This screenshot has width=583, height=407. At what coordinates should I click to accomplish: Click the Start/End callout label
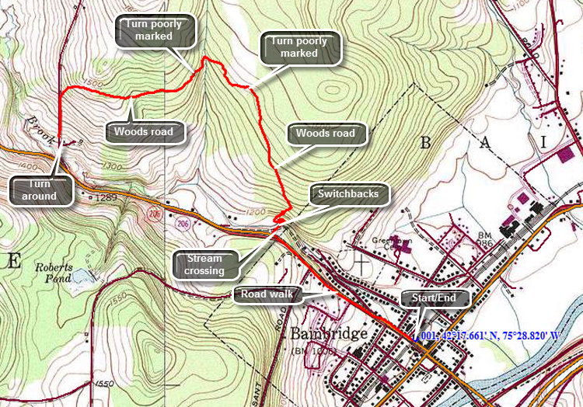point(435,299)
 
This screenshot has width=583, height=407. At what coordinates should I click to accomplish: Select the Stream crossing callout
point(204,264)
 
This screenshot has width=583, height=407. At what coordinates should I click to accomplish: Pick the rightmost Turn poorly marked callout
point(300,47)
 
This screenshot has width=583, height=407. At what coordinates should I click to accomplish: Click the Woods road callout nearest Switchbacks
point(325,134)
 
